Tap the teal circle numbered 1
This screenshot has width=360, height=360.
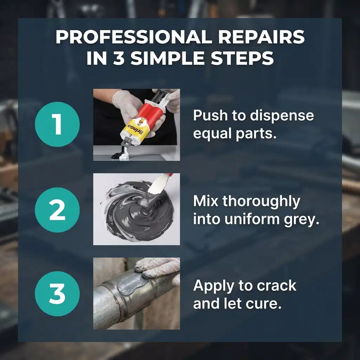coord(57,124)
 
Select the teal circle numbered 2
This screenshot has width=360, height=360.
coord(57,210)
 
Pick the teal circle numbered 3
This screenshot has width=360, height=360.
coord(57,294)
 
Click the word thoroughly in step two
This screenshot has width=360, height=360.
coord(261,201)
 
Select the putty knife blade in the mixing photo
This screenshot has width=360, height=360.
coord(159,185)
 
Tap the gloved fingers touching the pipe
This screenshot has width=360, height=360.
coord(159,269)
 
